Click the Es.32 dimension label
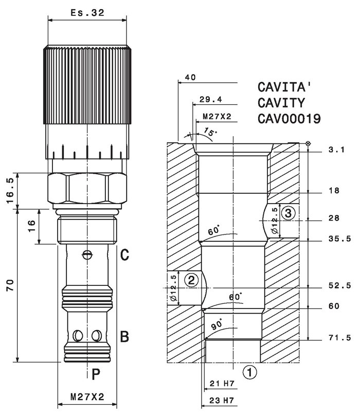coord(87,13)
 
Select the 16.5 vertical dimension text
coord(10,191)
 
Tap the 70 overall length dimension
coord(10,285)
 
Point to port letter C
coord(124,255)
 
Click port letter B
coord(124,336)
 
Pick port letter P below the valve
coord(96,375)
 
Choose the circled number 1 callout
coord(249,372)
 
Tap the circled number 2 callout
coord(191,280)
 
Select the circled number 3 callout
coord(288,213)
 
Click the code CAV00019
coord(289,119)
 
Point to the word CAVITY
coord(281,103)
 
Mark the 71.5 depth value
coord(339,338)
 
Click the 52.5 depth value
coord(339,285)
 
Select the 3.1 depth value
coord(337,150)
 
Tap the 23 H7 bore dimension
coord(222,401)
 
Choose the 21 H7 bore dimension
coord(222,384)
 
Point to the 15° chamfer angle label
coord(210,132)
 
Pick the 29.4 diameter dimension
coord(211,99)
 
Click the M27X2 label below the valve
coord(87,397)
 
